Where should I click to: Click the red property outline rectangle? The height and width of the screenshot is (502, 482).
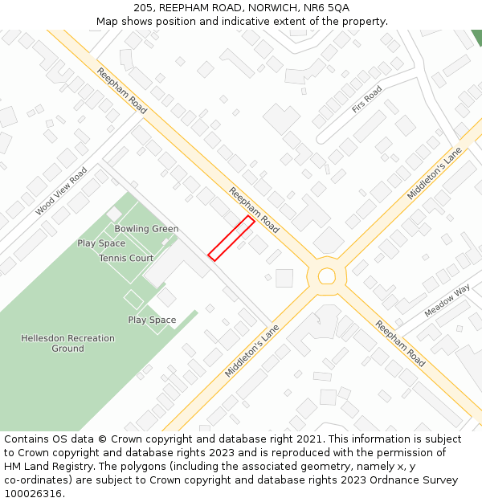pos(231,238)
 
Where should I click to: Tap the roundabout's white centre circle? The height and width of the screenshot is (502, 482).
pos(326,276)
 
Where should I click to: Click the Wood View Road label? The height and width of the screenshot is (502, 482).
pos(61,191)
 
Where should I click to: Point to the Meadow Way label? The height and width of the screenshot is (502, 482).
pos(447,299)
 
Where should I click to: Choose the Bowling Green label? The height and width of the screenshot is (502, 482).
pos(146,229)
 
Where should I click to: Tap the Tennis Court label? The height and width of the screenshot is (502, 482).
pos(126,259)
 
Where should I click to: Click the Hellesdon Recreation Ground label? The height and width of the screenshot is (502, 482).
pos(67,344)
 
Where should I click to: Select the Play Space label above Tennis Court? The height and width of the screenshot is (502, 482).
pos(101,243)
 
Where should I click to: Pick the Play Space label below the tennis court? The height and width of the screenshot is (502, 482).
pos(152,320)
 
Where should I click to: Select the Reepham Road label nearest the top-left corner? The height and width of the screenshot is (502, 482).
pos(122,91)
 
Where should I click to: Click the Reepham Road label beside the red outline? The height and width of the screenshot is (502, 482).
pos(255,210)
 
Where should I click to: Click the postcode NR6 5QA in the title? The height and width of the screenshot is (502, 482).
pos(327,7)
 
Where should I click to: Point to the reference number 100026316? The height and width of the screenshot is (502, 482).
pos(32,494)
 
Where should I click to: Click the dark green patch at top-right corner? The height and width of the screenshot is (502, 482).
pos(477,37)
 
